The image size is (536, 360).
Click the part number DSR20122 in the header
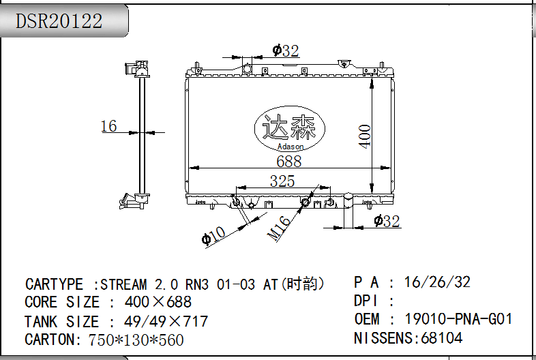pos(59,21)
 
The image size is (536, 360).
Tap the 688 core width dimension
pos(289,162)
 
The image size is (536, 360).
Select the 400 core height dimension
pos(365,136)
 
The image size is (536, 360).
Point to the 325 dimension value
pos(282,181)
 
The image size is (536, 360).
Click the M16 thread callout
pos(279,228)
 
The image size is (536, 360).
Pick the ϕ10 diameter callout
pos(213,235)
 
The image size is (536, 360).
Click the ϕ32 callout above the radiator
pos(286,51)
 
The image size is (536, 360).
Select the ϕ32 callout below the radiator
pos(387,221)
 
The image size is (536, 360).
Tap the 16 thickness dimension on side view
pos(108,126)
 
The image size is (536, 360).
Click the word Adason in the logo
pos(291,147)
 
